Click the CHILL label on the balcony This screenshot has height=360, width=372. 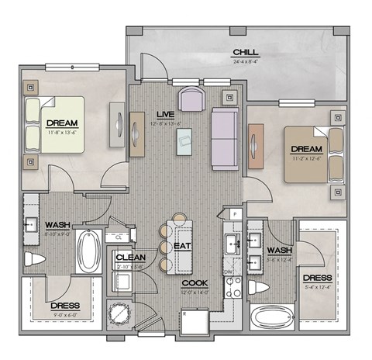pos(245,53)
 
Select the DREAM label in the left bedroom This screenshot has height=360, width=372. pos(61,123)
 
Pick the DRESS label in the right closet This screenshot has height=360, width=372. pos(318,278)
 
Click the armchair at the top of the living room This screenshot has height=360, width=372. pos(190,99)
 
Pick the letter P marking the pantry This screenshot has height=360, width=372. pos(234,213)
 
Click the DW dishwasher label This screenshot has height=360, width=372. pos(227,272)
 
